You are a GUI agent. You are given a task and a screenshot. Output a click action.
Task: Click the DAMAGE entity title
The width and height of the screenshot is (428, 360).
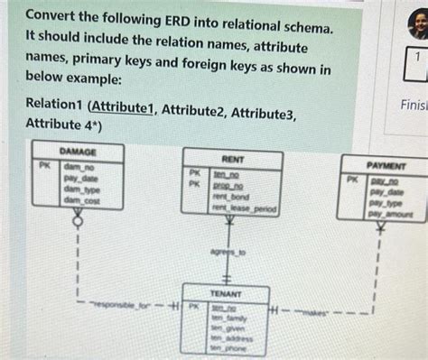[x=78, y=152]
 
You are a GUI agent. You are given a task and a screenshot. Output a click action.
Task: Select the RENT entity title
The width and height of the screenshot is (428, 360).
[x=233, y=159]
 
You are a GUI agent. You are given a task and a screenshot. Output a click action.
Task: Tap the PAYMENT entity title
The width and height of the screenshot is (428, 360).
[x=385, y=166]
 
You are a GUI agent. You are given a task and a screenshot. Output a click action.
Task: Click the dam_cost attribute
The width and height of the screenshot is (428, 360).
[x=82, y=202]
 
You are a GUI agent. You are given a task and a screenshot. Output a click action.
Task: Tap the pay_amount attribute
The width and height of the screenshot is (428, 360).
[x=391, y=215]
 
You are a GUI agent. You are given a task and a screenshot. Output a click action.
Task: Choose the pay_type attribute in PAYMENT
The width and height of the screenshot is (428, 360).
[x=386, y=204]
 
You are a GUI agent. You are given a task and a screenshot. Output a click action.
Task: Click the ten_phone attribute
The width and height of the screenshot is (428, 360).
[x=228, y=346]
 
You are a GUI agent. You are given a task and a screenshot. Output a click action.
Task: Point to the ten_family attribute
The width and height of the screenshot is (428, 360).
[x=229, y=318]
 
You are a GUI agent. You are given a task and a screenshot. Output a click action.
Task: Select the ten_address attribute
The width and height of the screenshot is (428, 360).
[x=232, y=337]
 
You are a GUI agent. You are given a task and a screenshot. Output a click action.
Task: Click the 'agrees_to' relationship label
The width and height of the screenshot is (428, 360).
[x=228, y=254]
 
